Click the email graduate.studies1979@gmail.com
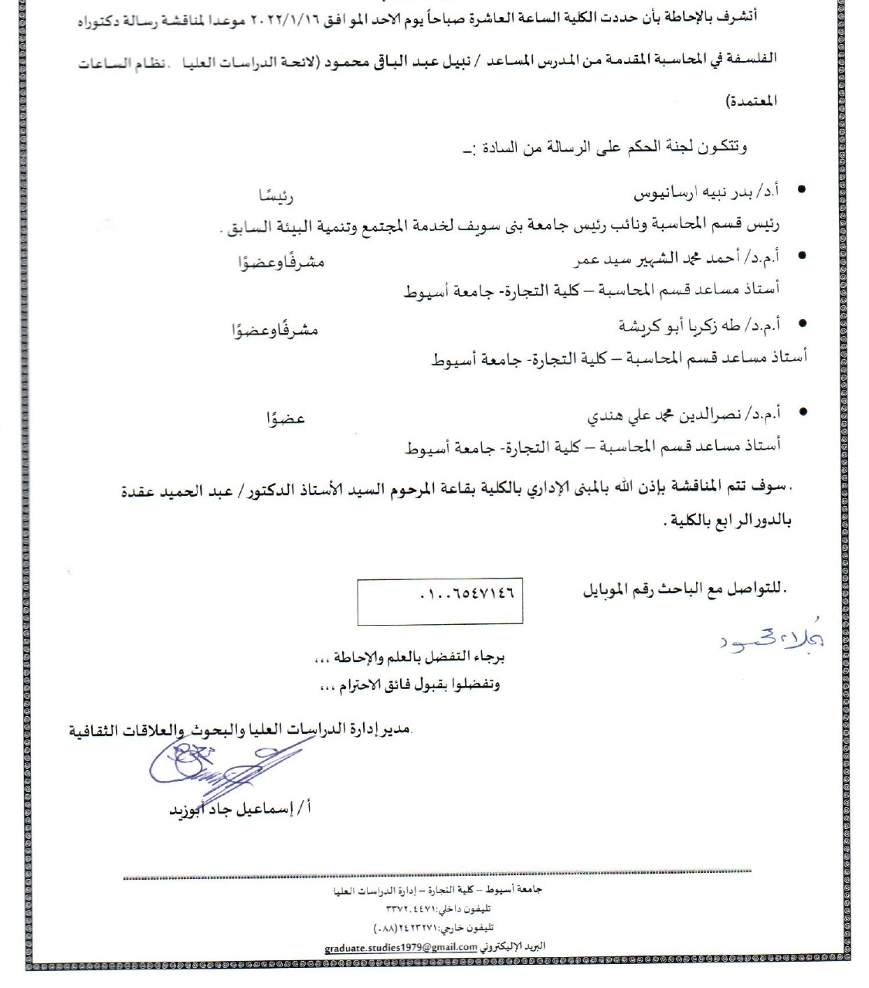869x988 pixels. pyautogui.click(x=400, y=946)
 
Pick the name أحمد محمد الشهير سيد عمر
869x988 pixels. pyautogui.click(x=661, y=260)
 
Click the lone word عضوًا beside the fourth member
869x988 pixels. pyautogui.click(x=285, y=419)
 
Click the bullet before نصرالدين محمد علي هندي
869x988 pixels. pyautogui.click(x=803, y=413)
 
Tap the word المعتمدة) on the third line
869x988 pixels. pyautogui.click(x=752, y=101)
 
